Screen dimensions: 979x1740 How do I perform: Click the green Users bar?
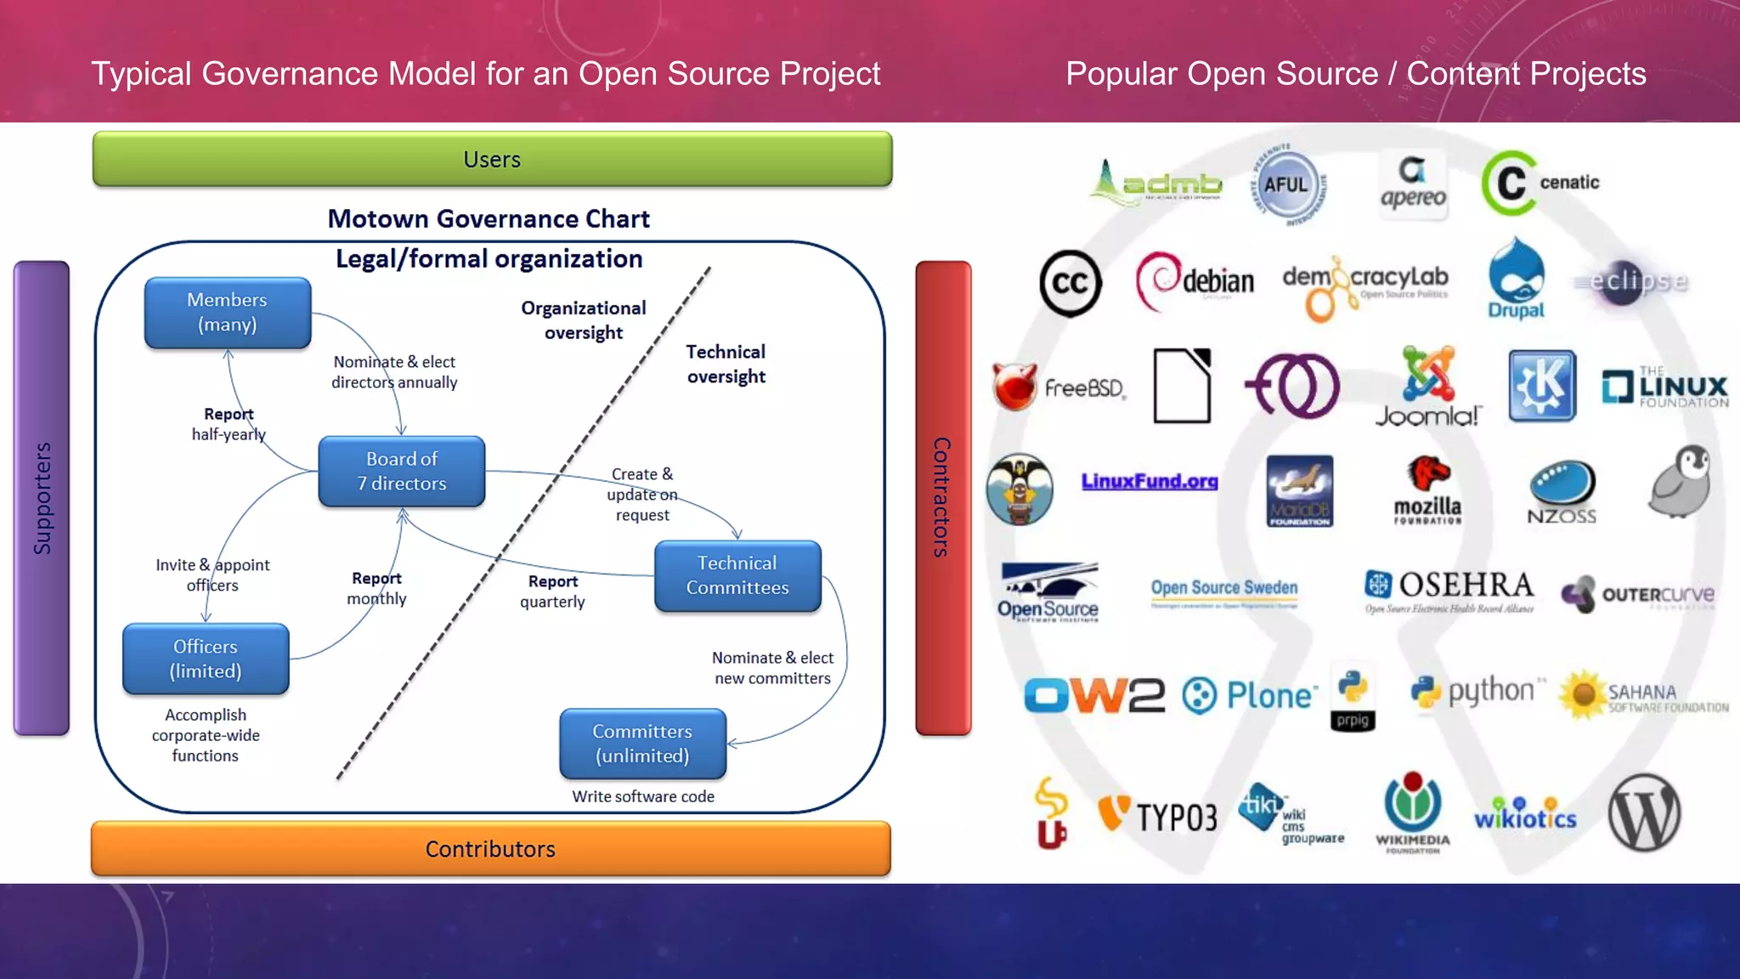click(x=492, y=159)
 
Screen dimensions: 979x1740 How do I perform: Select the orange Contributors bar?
click(x=490, y=848)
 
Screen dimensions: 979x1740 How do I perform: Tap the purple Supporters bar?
click(x=42, y=498)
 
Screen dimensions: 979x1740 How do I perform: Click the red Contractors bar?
click(x=942, y=498)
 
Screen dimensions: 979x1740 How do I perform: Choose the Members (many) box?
click(x=227, y=312)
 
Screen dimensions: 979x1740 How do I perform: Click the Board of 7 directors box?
click(x=401, y=471)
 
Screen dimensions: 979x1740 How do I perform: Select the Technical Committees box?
click(x=737, y=575)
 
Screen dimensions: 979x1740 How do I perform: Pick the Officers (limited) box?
click(x=206, y=659)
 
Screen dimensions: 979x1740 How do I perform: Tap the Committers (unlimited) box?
click(x=642, y=744)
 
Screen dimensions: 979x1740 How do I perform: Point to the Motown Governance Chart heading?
click(x=489, y=219)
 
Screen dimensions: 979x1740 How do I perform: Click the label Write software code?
click(x=643, y=796)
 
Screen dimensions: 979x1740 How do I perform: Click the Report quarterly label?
click(x=552, y=591)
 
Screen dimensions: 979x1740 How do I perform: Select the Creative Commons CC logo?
click(x=1070, y=283)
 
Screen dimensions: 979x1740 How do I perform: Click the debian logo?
click(x=1195, y=281)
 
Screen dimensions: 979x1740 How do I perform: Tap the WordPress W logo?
click(x=1643, y=812)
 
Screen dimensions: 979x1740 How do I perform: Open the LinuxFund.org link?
click(x=1149, y=482)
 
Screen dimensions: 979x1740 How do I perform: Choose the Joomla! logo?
click(x=1427, y=387)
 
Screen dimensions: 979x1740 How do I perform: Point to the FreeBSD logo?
click(x=1059, y=388)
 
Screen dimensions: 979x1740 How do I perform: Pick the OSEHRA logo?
click(x=1449, y=588)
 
